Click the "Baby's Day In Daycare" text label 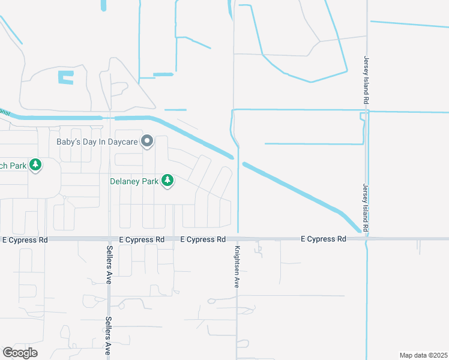(x=97, y=142)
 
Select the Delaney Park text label (x=133, y=180)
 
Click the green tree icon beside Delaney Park (x=167, y=180)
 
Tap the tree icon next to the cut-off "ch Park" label (x=35, y=164)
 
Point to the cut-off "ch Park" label (x=13, y=165)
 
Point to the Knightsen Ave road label (x=237, y=267)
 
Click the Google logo (x=20, y=353)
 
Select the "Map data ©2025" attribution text (x=423, y=355)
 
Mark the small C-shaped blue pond (x=65, y=77)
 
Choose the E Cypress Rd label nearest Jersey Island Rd (x=324, y=239)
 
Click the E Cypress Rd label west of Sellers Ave (x=25, y=239)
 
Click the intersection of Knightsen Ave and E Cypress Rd (x=237, y=239)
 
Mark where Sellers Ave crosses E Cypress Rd (x=109, y=239)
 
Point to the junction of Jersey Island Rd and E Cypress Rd (x=366, y=239)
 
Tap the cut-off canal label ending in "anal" (x=5, y=112)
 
